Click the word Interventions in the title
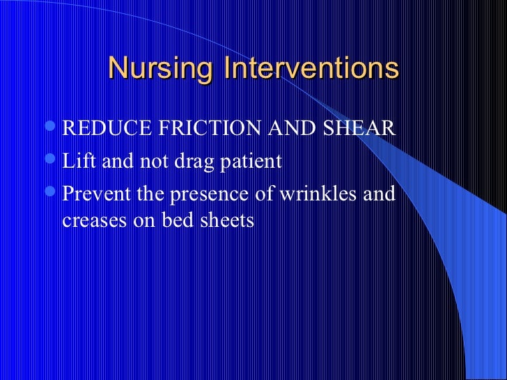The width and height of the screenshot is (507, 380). pyautogui.click(x=311, y=70)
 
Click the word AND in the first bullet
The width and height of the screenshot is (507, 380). pyautogui.click(x=283, y=130)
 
